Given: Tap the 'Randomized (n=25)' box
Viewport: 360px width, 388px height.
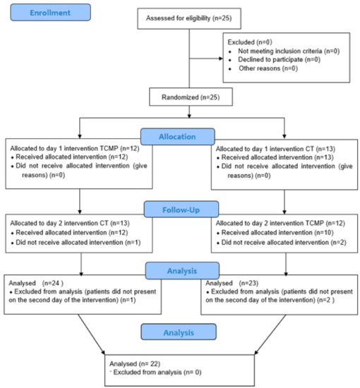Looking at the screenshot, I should point(189,95).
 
